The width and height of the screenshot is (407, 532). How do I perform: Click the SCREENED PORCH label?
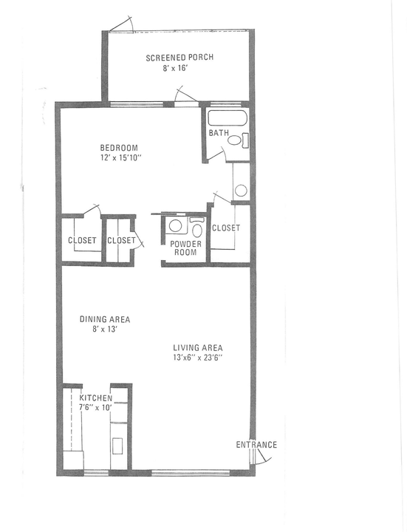179,58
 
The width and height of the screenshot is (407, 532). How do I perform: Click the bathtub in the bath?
227,119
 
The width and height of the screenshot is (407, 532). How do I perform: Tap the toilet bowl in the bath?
235,140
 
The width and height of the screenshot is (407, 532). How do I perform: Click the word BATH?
219,134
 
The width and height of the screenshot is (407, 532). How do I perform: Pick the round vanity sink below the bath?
241,191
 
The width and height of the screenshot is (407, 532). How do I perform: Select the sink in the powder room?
176,227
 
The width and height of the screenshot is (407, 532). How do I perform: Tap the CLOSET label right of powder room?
226,228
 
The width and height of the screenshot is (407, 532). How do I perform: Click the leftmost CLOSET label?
81,240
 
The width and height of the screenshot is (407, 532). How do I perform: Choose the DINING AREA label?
105,320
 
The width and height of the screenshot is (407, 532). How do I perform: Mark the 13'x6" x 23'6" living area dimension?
197,358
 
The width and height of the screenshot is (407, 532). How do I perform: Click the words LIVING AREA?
198,347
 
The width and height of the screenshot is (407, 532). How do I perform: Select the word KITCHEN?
96,398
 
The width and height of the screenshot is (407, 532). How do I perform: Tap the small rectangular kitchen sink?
117,446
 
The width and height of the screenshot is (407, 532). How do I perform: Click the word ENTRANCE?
256,445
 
